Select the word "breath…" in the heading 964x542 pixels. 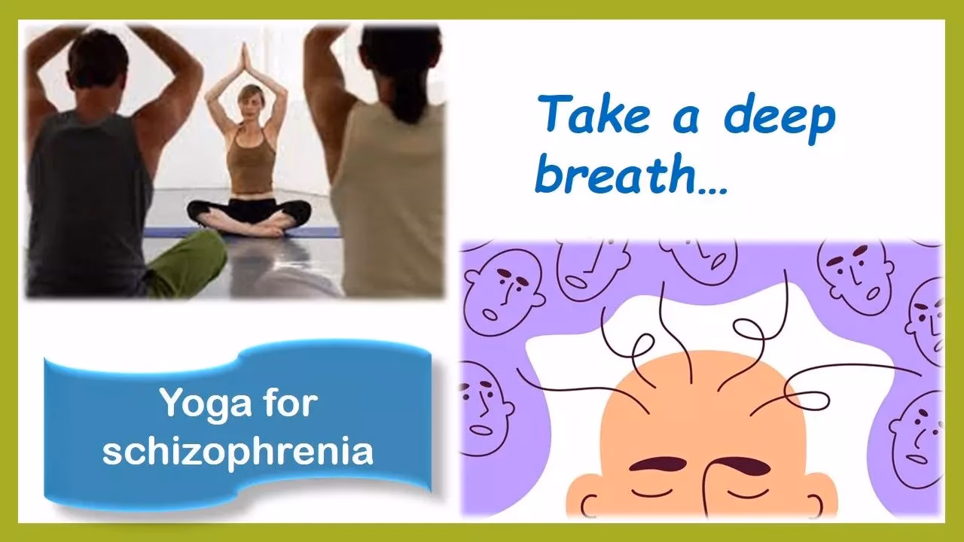point(631,178)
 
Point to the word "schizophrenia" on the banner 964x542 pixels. point(238,452)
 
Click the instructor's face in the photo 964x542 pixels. point(246,103)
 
